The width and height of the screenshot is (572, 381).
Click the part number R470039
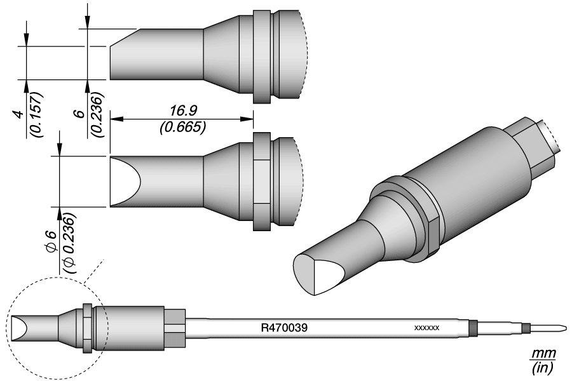[285, 328]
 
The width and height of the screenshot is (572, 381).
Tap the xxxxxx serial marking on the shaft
[426, 328]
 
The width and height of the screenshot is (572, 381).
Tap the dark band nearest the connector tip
[526, 328]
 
